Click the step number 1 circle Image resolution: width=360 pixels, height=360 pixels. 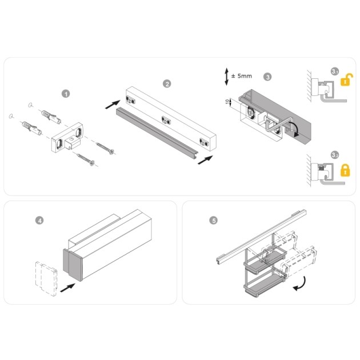[66, 93]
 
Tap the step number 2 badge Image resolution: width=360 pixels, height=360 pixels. [167, 83]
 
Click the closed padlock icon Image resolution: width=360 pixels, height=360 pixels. [345, 170]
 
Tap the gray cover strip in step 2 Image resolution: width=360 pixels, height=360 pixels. [155, 133]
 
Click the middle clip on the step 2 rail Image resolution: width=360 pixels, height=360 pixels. [166, 120]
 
